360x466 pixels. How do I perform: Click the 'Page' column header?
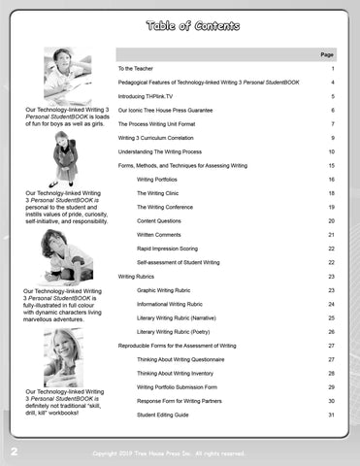327,55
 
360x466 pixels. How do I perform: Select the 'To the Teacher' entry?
141,70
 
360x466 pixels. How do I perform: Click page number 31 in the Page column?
331,416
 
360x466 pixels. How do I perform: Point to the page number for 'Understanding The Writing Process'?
331,152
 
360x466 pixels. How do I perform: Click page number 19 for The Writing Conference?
331,207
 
